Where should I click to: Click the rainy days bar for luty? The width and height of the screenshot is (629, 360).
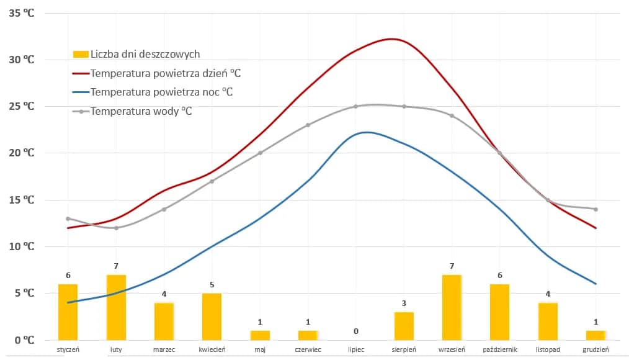click(116, 307)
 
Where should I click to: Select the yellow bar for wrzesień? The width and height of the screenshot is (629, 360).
click(452, 307)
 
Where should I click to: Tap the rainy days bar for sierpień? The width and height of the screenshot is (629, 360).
click(404, 326)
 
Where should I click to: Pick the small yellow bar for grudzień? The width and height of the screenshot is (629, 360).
click(596, 335)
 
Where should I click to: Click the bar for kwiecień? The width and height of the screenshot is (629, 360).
click(212, 317)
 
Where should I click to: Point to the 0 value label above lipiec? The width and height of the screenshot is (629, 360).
click(356, 331)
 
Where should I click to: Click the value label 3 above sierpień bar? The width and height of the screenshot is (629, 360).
click(404, 303)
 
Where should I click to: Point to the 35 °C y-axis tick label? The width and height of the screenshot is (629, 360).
click(21, 13)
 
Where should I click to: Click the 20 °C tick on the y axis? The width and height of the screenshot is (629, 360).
click(21, 153)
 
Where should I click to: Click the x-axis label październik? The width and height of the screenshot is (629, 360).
click(499, 349)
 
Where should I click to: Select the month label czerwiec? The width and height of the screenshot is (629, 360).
click(308, 349)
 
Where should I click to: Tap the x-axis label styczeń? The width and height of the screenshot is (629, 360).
click(68, 349)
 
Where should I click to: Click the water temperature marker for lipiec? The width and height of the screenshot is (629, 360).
click(356, 106)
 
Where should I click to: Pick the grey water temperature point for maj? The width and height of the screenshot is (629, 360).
click(260, 153)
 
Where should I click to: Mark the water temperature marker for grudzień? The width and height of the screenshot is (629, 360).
click(596, 209)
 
